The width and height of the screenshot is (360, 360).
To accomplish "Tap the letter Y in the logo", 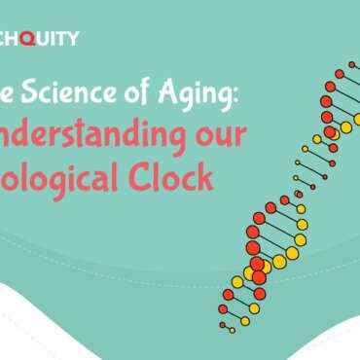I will pos(74,38).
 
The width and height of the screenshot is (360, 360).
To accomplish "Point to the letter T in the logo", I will pos(65,38).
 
